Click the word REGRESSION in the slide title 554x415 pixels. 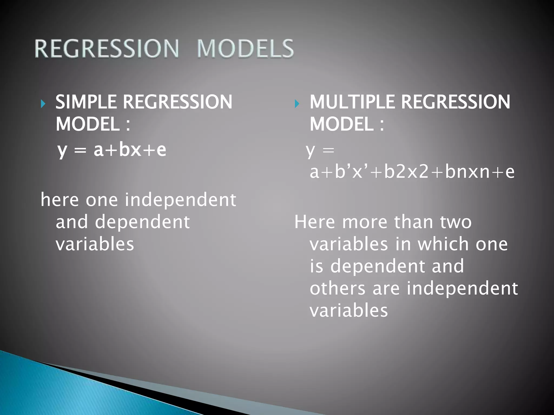click(107, 49)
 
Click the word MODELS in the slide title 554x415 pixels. click(245, 49)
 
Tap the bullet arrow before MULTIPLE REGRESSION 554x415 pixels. click(297, 104)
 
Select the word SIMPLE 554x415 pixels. click(86, 102)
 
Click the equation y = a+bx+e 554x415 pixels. click(112, 150)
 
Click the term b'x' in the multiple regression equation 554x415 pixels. click(352, 172)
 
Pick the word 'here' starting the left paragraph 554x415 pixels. click(60, 200)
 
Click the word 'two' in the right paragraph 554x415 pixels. click(456, 222)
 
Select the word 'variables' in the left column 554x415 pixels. click(95, 244)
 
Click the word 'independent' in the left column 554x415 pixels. click(180, 200)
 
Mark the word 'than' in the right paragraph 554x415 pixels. click(413, 222)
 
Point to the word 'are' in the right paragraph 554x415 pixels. click(386, 289)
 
